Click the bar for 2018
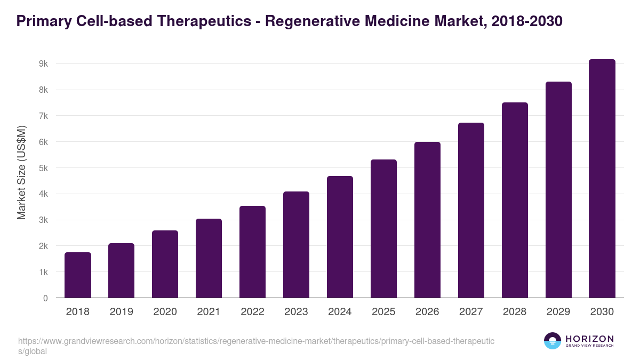point(78,275)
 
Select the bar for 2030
point(602,179)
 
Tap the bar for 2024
point(340,237)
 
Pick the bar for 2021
point(209,258)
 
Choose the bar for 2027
point(471,210)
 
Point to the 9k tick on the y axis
point(43,64)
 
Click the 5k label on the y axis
point(43,168)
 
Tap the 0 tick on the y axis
point(46,298)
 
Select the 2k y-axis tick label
point(43,246)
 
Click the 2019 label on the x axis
point(122,312)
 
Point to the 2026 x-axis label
point(427,312)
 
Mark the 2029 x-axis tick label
point(558,312)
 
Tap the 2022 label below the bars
point(252,312)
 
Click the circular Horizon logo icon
point(553,341)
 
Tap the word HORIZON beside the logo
point(589,339)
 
